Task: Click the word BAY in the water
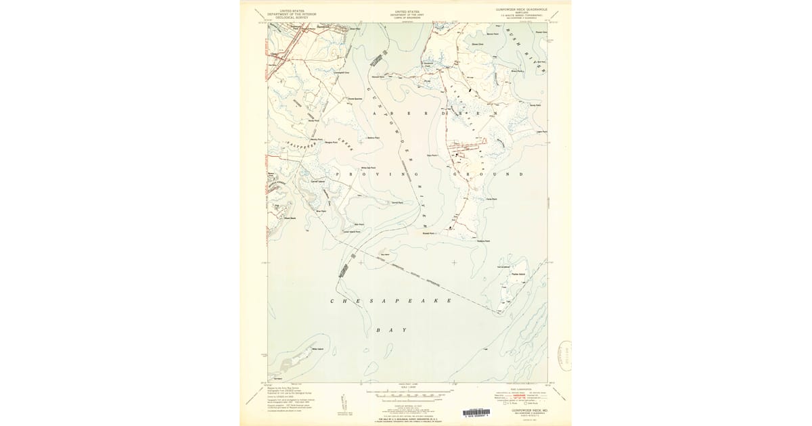click(391, 329)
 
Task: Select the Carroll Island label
click(318, 181)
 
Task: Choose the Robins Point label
click(482, 241)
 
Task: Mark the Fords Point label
click(491, 199)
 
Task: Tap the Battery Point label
click(373, 138)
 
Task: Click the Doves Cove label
click(476, 44)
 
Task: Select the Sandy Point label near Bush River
click(535, 105)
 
